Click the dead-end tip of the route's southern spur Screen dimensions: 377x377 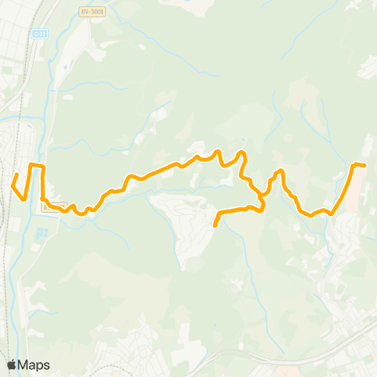tap(214, 226)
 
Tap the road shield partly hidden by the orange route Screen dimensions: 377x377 tap(53, 207)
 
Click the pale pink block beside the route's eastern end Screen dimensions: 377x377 tap(354, 185)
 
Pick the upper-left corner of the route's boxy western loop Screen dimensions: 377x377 tap(31, 166)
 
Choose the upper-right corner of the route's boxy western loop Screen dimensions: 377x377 tap(43, 167)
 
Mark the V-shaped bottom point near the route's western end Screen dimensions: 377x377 tap(25, 197)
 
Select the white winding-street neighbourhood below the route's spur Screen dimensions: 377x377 tap(185, 228)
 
